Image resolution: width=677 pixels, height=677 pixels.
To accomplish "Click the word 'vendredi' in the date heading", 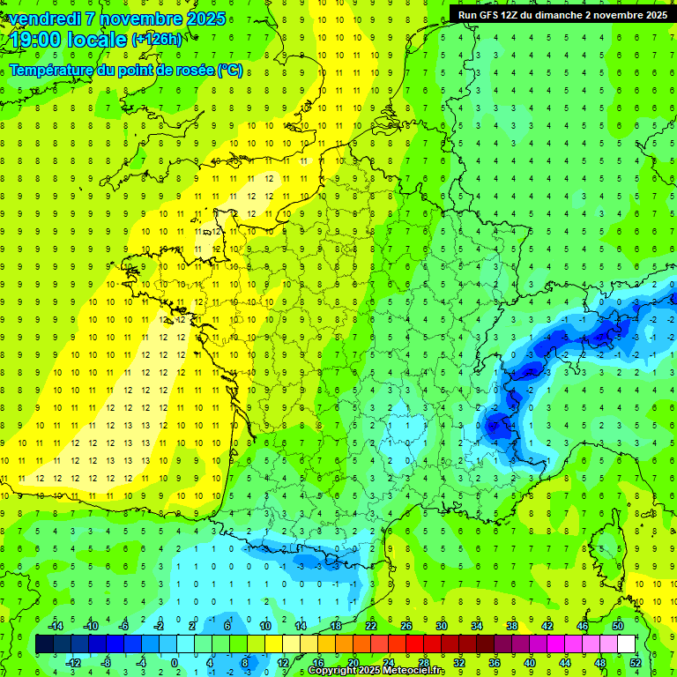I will (42, 19).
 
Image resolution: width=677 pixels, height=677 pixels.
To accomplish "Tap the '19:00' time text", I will (35, 40).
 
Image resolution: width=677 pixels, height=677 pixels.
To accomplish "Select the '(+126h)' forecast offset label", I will (157, 40).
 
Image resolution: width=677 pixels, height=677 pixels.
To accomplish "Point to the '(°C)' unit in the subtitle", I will (229, 71).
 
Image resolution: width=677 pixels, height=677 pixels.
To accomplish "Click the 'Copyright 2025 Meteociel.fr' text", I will (376, 671).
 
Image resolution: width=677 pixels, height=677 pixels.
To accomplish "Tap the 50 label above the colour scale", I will (618, 626).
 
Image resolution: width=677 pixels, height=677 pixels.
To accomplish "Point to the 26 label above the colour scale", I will (406, 626).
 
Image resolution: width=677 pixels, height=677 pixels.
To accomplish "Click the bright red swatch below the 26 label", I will (414, 644).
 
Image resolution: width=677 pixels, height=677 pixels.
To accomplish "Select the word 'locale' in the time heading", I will (98, 40).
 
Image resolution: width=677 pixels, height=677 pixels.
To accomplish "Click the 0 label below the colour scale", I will (175, 663).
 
